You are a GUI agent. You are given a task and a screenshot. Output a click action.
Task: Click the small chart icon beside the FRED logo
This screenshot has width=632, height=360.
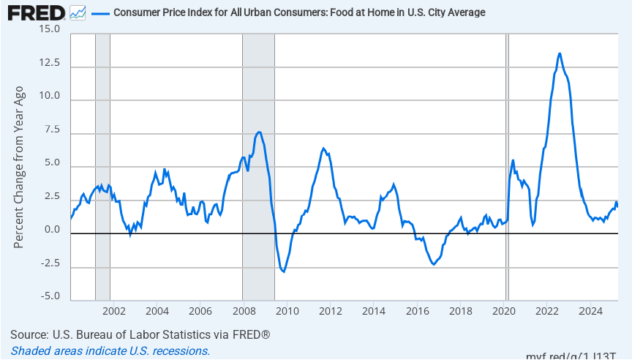coord(78,13)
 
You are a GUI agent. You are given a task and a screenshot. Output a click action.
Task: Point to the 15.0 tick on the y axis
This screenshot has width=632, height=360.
coord(50,29)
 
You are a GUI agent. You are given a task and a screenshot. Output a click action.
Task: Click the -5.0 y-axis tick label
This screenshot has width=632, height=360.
coord(50,296)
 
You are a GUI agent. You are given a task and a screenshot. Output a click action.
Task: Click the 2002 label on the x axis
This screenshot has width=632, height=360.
coord(114,311)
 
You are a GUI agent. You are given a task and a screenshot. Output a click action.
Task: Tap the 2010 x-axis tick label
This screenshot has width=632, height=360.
coord(287,311)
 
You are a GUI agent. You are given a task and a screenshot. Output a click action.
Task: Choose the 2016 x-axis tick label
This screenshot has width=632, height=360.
coord(417,311)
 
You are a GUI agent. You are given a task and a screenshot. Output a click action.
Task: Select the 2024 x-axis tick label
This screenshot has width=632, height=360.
coord(590,311)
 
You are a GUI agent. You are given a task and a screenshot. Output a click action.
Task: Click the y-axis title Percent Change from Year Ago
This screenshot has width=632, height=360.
coord(20,166)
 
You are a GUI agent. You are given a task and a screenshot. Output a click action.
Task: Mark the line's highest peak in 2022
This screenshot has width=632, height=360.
coord(560,53)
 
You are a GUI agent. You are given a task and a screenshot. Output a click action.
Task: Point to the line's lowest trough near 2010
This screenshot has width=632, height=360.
coord(283,271)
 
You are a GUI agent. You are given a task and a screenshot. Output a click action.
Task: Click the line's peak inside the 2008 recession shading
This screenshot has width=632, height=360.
coord(259,132)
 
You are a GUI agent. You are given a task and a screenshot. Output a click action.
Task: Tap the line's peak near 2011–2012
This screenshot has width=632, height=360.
coord(323,149)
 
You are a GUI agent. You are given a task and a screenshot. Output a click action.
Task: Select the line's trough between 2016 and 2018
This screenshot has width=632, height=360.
coord(434,264)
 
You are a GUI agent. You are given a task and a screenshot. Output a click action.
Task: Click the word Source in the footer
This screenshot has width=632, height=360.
coord(29,335)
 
